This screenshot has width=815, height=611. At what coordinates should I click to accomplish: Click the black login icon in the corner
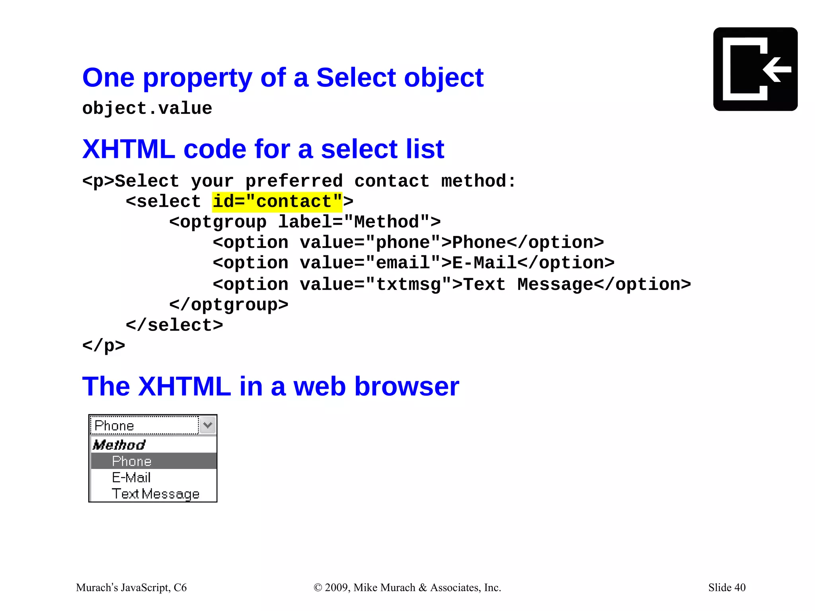coord(755,69)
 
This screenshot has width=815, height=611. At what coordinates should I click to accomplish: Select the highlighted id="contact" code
coord(277,202)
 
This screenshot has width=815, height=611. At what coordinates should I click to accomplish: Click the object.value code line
coord(147,109)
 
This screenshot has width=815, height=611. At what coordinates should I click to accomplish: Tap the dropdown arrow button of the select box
coord(207,425)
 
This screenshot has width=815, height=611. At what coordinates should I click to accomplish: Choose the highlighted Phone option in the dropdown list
coord(132,461)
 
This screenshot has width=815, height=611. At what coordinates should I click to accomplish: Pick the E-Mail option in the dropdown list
coord(131,477)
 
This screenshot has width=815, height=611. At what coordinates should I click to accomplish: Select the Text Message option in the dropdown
coord(155,494)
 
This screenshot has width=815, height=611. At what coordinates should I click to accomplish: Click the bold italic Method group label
coord(119,445)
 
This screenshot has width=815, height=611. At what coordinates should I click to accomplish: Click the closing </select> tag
coord(174,325)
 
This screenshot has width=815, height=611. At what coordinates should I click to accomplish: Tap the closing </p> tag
coord(103,345)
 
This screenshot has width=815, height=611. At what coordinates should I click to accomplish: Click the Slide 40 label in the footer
coord(727,587)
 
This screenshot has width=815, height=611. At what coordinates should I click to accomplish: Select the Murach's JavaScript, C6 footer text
coord(131,588)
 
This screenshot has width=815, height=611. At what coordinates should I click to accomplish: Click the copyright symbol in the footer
coord(318,588)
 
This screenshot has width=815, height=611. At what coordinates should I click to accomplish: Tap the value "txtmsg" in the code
coord(408,284)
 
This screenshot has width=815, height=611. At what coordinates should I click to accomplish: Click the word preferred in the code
coord(294,181)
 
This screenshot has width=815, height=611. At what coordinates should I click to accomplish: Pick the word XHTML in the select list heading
coord(129,149)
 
